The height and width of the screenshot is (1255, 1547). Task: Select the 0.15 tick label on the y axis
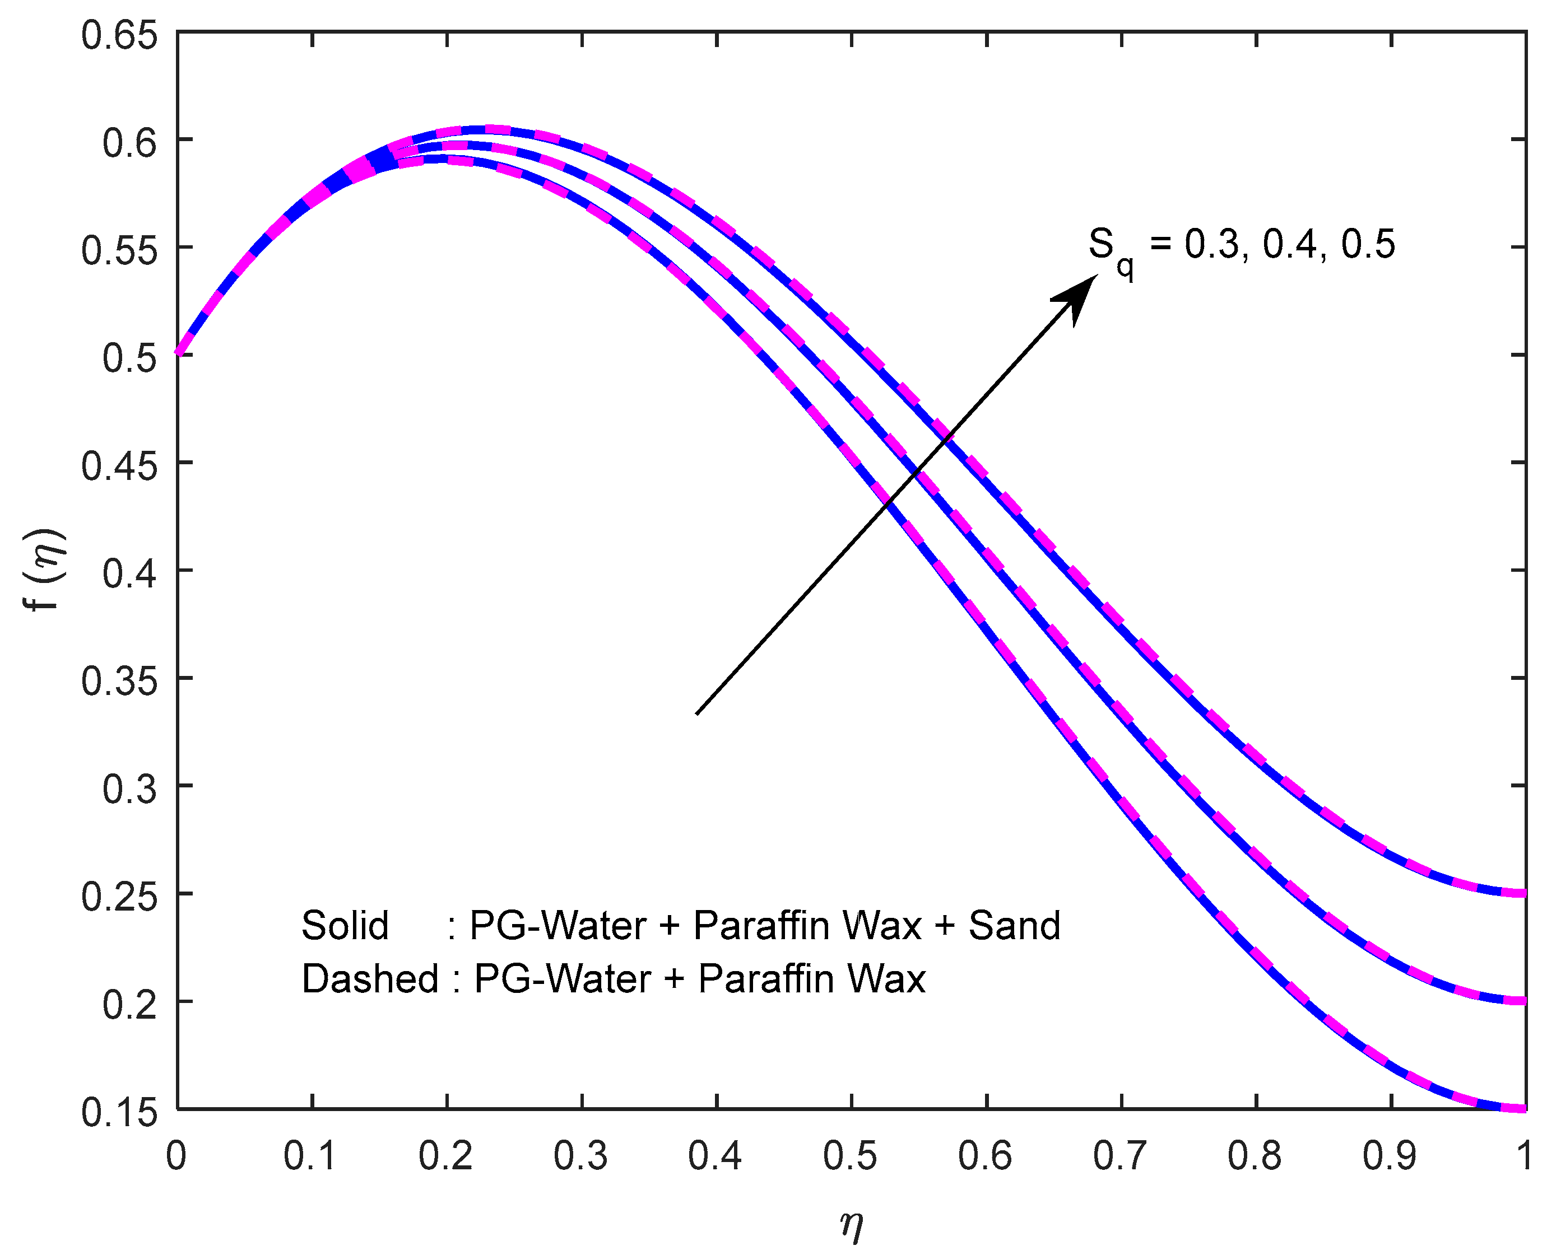coord(119,1113)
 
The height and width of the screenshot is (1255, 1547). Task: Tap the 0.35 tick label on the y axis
coord(119,682)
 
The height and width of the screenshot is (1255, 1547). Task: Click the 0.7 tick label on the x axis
coord(1119,1156)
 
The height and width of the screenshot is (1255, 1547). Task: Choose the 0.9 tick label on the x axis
coord(1390,1156)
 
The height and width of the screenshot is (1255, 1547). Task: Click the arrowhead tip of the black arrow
coord(1097,276)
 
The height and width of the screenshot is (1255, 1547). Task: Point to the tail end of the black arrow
coord(696,714)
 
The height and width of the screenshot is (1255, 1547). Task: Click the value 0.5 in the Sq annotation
coord(1368,244)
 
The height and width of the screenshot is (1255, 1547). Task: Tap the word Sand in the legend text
coord(1014,926)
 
